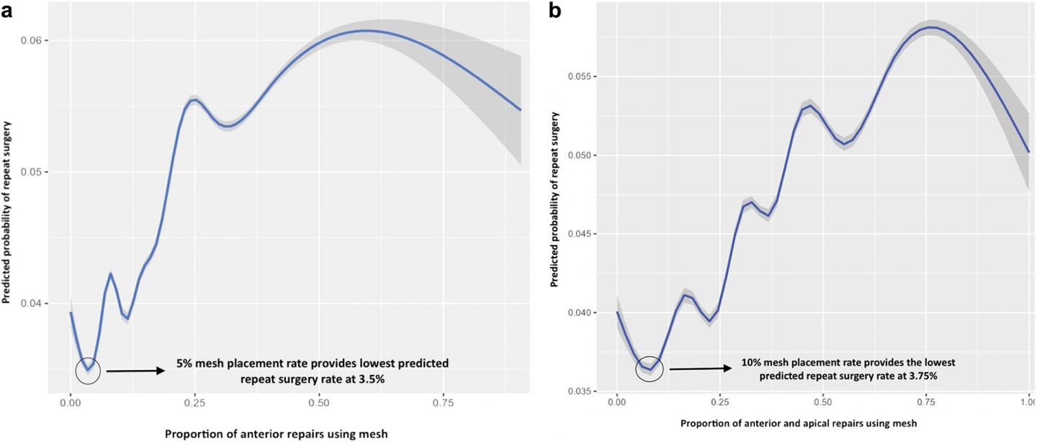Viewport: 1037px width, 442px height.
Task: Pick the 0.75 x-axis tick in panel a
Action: pos(443,405)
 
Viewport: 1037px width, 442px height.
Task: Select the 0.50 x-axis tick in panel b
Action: pos(822,405)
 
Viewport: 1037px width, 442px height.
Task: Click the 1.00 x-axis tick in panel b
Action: pos(1028,405)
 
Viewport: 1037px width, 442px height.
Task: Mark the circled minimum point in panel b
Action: pos(650,369)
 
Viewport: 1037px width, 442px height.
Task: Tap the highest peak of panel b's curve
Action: pos(931,27)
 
